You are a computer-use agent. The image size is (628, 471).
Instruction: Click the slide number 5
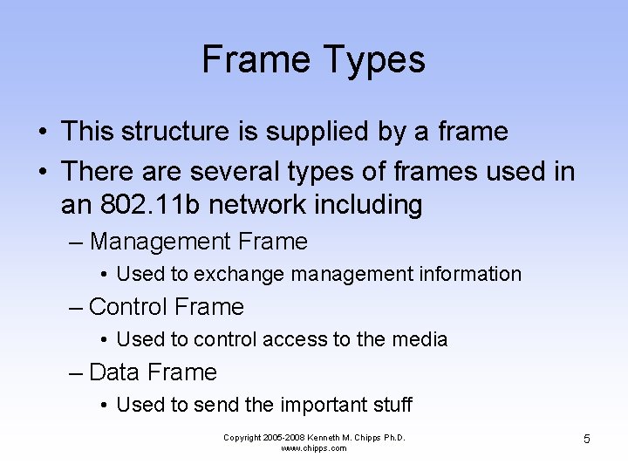click(x=587, y=439)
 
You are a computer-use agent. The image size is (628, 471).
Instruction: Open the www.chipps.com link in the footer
click(x=314, y=448)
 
